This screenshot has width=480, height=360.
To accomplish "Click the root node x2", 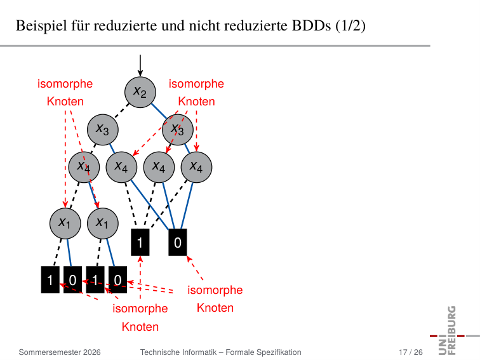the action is click(140, 92).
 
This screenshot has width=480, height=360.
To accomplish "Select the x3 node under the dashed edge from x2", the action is click(103, 130).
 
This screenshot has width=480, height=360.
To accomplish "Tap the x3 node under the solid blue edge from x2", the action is click(178, 130).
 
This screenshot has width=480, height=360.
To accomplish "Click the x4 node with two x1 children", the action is click(84, 167).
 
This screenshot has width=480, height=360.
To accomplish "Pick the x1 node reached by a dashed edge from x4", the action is click(65, 223).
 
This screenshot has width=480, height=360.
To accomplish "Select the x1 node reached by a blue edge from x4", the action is click(103, 223).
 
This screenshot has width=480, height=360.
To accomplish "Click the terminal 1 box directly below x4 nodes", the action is click(140, 242).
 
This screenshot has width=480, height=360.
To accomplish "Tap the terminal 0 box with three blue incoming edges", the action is click(178, 242).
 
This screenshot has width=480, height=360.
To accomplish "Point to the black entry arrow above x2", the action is click(140, 65).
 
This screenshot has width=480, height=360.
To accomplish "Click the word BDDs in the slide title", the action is click(311, 25).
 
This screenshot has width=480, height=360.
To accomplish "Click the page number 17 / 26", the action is click(411, 352).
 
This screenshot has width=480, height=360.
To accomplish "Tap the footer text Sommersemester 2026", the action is click(60, 352).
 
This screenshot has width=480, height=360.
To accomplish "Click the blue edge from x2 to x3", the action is click(159, 111).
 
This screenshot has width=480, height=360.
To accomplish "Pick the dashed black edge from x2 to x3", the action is click(121, 111).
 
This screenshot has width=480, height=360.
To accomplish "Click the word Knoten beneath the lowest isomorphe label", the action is click(140, 326).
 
